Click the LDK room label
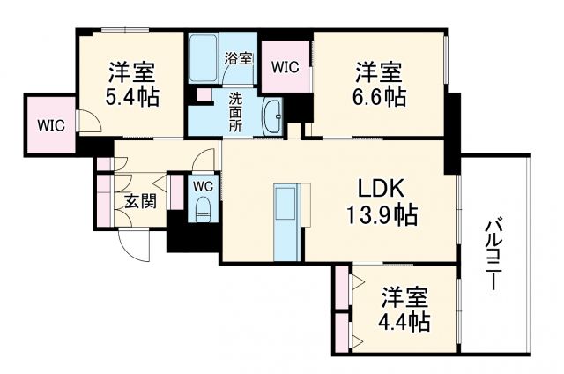point(380,188)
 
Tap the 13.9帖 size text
point(380,213)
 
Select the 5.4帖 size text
point(131,96)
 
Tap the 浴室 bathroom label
point(238,59)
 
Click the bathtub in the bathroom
point(204,57)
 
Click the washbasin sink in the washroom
point(273,115)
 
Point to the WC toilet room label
point(203,187)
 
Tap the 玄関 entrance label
point(139,201)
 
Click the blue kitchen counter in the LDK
point(287,222)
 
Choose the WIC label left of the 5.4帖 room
point(51,125)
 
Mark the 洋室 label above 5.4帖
point(131,71)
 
